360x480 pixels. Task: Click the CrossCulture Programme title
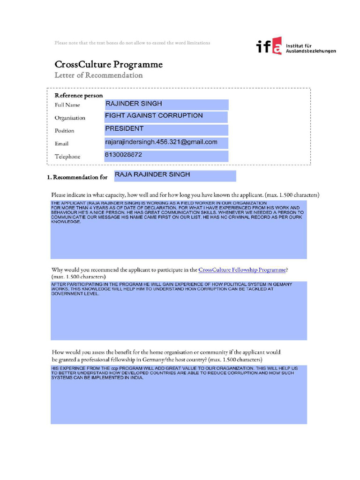coord(108,64)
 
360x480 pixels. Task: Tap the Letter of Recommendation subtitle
coord(98,75)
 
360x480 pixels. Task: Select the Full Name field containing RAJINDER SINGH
coord(166,105)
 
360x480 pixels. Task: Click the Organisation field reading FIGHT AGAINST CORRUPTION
coord(166,117)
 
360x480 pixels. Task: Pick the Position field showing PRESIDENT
coord(166,130)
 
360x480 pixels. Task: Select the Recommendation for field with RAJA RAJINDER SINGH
coord(173,175)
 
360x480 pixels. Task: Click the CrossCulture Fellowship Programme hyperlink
coord(242,270)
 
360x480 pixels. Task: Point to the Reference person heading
coord(79,95)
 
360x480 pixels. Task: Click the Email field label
coord(61,144)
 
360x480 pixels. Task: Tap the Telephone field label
coord(67,157)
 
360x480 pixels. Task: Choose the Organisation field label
coord(70,118)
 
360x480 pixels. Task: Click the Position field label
coord(64,131)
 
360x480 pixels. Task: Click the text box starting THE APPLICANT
coord(179,229)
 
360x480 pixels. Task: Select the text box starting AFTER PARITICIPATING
coord(179,310)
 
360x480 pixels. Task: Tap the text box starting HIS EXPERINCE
coord(179,394)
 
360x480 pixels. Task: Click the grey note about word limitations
coord(132,43)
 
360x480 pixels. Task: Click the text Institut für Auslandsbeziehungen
coord(310,48)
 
